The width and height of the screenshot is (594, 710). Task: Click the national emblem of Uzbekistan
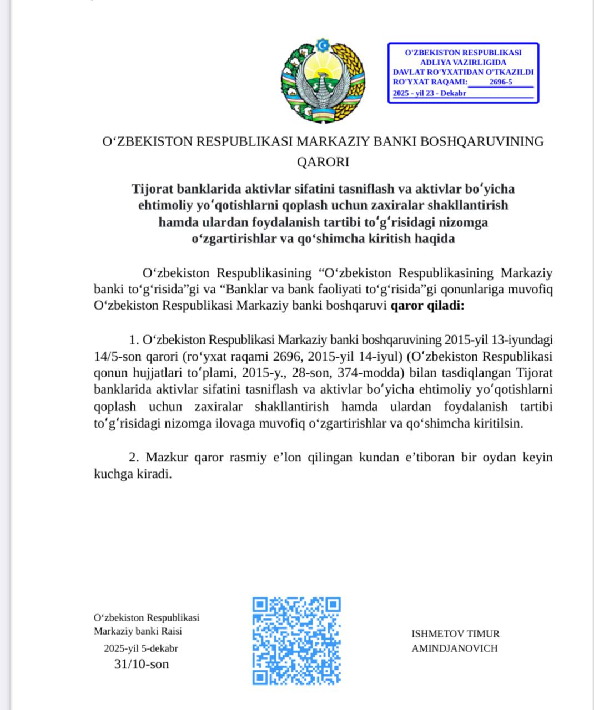(x=322, y=80)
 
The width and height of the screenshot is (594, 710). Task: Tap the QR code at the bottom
(x=296, y=640)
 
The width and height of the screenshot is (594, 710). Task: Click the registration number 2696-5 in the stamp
(x=501, y=82)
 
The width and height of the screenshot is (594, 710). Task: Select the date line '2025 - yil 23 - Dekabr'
(x=430, y=93)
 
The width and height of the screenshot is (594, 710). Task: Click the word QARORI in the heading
(x=323, y=162)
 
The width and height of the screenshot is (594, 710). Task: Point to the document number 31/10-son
(x=141, y=664)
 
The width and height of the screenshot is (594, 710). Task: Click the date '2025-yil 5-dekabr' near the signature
(x=141, y=648)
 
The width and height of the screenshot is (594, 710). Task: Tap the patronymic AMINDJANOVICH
(x=455, y=648)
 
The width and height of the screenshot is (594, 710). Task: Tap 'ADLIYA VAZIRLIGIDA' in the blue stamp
(x=463, y=62)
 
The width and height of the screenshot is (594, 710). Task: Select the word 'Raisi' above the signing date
(x=170, y=631)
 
